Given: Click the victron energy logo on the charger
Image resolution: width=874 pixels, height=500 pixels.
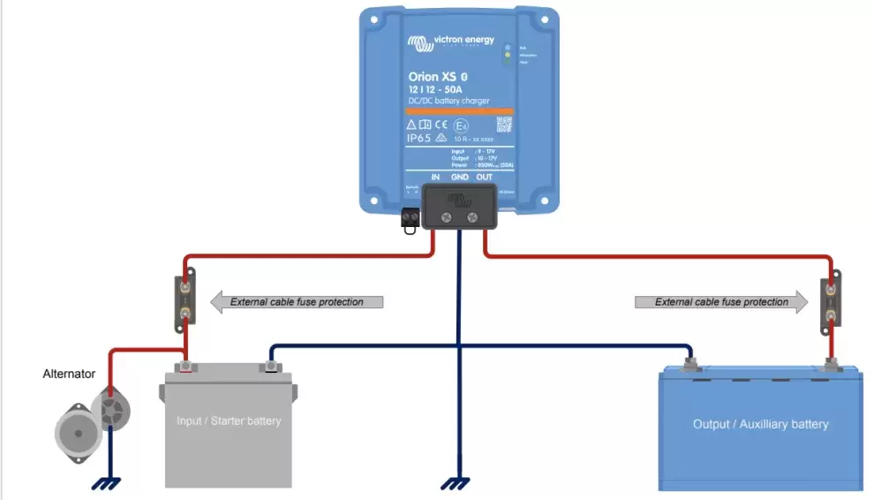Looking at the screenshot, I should (450, 42).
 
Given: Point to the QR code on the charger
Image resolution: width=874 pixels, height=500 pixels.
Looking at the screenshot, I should (504, 125).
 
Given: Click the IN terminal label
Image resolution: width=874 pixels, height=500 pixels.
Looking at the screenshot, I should (435, 178).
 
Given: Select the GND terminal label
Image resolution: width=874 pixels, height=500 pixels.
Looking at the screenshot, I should (460, 178).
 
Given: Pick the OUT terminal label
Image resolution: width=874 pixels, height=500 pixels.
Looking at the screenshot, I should (485, 178).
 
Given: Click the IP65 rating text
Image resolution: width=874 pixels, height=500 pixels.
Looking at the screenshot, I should (418, 139).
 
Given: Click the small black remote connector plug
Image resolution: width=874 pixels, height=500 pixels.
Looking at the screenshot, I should (410, 218).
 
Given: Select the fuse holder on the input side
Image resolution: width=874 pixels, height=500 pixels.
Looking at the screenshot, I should (185, 299).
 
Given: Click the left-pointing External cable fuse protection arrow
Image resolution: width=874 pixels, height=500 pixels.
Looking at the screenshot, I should (297, 302).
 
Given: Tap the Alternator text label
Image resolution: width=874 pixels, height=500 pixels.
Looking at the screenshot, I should (69, 374).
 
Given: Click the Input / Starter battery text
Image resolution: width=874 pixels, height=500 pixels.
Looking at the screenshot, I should (229, 420).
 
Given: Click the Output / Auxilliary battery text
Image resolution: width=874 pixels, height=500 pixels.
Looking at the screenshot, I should (760, 424).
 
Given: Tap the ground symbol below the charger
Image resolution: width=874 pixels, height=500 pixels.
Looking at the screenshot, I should (457, 482).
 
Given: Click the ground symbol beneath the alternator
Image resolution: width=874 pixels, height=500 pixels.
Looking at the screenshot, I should (109, 482).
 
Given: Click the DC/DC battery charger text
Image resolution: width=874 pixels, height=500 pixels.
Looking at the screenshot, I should (449, 101).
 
